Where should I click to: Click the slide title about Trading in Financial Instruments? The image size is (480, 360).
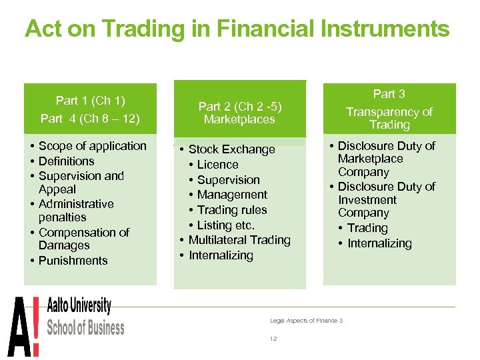click(x=237, y=29)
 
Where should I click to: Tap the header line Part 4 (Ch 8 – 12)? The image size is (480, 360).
click(x=90, y=119)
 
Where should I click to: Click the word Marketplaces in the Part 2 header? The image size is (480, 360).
click(x=239, y=119)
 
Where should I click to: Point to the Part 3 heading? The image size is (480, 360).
click(x=389, y=94)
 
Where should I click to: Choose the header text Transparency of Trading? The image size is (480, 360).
click(x=389, y=118)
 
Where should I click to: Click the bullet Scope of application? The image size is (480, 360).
click(x=92, y=146)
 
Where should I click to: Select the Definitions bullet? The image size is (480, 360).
click(x=66, y=161)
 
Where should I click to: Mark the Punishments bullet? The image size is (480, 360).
click(x=73, y=261)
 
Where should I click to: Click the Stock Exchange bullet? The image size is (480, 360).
click(x=231, y=149)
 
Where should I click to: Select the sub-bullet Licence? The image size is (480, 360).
click(x=217, y=165)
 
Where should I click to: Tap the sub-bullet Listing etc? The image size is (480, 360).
click(x=225, y=225)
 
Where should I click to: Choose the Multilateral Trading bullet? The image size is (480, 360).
click(x=239, y=240)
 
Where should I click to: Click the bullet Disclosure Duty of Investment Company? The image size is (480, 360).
click(x=386, y=199)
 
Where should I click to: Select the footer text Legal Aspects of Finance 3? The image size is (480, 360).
click(x=306, y=321)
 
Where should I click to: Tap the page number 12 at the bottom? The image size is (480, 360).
click(x=273, y=339)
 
